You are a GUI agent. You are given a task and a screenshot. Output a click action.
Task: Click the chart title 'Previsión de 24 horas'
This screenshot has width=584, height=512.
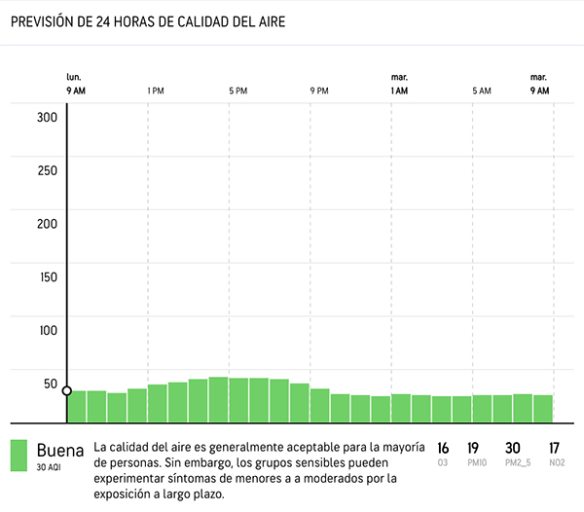(x=146, y=22)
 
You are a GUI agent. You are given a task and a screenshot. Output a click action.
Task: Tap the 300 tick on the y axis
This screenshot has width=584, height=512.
(x=48, y=118)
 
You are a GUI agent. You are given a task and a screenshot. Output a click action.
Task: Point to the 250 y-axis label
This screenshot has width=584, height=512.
(x=48, y=170)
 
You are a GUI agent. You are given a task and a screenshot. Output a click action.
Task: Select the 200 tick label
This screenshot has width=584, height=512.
(x=48, y=223)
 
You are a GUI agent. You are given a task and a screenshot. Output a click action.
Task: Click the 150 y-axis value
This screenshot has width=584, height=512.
(x=48, y=276)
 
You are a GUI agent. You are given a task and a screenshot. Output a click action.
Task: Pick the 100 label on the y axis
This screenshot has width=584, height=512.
(x=48, y=329)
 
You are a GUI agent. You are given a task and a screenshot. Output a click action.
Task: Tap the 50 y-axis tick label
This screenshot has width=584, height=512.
(x=51, y=383)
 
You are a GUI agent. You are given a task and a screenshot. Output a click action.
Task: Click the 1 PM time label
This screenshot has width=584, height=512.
(x=156, y=91)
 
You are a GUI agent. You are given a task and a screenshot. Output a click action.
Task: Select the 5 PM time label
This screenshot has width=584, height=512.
(x=237, y=91)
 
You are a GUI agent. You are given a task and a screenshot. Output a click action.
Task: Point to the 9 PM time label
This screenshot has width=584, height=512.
(x=319, y=91)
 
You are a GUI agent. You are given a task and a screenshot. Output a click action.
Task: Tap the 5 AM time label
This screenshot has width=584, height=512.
(x=481, y=91)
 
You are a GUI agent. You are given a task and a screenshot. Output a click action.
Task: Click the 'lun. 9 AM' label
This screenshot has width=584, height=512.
(x=75, y=84)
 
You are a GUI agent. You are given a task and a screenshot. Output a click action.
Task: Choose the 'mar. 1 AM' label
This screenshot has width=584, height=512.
(x=399, y=84)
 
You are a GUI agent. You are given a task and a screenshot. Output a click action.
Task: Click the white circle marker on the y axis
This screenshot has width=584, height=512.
(x=67, y=391)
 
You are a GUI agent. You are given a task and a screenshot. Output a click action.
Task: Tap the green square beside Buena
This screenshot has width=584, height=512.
(x=18, y=456)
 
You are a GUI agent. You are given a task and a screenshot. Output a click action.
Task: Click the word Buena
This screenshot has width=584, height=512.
(x=60, y=451)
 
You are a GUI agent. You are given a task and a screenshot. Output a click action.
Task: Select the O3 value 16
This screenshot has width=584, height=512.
(x=443, y=449)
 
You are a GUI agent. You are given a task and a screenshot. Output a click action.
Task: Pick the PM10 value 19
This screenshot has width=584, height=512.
(x=474, y=449)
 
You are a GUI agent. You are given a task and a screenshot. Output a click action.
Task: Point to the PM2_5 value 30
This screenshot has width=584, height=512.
(x=512, y=449)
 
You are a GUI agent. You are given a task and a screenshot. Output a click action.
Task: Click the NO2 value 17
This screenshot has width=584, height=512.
(x=555, y=449)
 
